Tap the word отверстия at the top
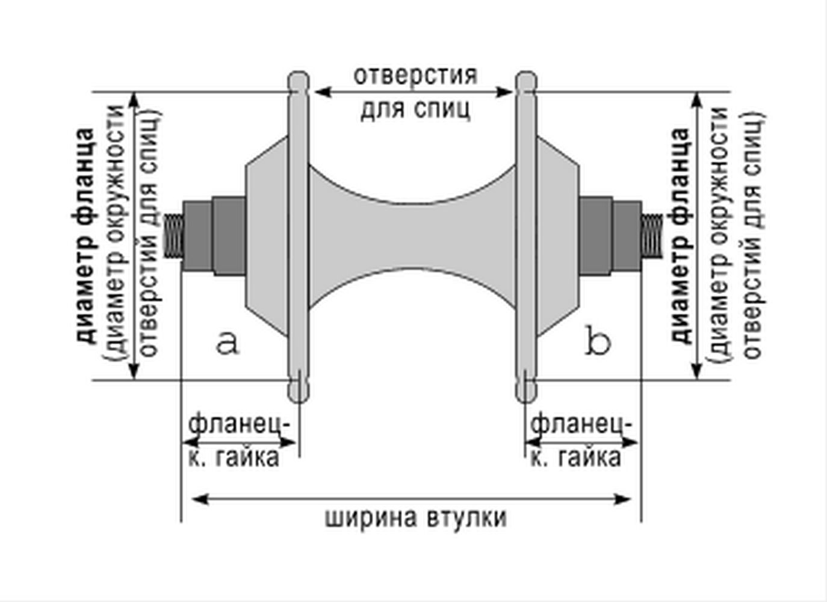pos(415,76)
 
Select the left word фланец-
pos(241,424)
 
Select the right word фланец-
pos(581,424)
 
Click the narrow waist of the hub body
pos(413,238)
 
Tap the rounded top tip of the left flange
pos(298,81)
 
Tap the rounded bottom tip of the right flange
pos(527,394)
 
